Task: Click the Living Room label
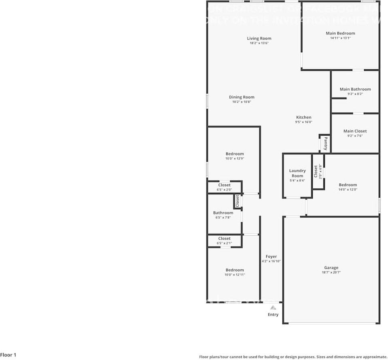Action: coord(259,38)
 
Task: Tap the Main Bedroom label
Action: coord(340,33)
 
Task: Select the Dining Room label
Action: coord(242,97)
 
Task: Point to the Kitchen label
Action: coord(303,117)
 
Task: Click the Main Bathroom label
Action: coord(355,89)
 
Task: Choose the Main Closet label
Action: coord(355,131)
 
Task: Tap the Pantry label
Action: coord(325,143)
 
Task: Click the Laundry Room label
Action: coord(297,173)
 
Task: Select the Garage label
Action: coord(331,268)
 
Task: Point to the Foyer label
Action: coord(271,256)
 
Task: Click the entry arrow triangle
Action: coord(273,308)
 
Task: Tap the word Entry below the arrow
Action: coord(273,315)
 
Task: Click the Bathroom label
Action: coord(223,213)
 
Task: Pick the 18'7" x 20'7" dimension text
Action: coord(331,273)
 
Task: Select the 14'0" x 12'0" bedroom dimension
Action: coord(348,190)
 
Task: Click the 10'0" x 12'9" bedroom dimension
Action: coord(235,158)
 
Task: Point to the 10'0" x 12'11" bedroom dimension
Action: coord(235,275)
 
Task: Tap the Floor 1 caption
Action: coord(8,355)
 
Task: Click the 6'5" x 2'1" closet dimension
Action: coord(224,243)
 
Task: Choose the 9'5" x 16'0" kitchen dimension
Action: coord(303,122)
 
